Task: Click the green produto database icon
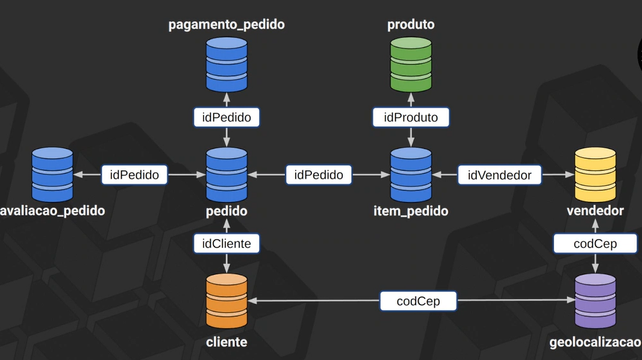411,64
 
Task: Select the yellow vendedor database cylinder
595,175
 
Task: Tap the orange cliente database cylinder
226,301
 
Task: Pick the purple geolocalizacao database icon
595,301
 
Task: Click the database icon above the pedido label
226,175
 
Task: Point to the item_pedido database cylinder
411,175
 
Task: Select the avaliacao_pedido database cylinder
52,175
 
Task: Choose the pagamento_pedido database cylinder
226,64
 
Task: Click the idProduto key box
411,117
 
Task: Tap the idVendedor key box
499,175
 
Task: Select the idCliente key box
226,244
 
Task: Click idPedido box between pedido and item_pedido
319,175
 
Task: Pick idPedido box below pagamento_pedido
226,117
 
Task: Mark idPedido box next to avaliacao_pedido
134,175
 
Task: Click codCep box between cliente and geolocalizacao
418,301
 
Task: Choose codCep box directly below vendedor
595,244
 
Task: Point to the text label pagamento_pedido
226,25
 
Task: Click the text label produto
411,25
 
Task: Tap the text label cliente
226,342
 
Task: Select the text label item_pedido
411,211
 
